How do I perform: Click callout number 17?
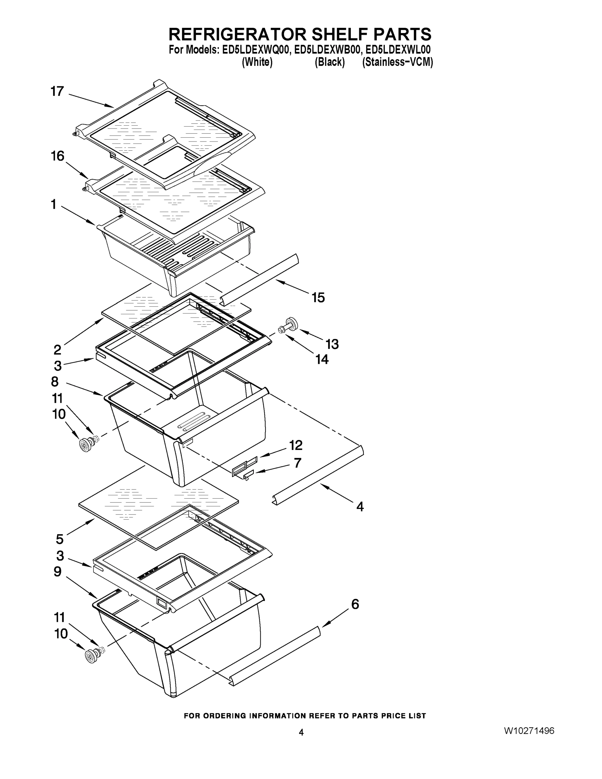57,92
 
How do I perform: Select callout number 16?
57,156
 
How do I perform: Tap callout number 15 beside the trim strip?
318,297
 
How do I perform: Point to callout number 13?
332,344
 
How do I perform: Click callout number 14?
322,360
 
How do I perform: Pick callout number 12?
296,445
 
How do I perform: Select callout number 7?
298,463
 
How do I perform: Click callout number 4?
360,506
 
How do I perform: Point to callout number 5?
60,539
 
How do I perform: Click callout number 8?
55,382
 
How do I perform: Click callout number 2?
57,350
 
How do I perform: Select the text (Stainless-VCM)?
397,62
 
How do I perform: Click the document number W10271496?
529,731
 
